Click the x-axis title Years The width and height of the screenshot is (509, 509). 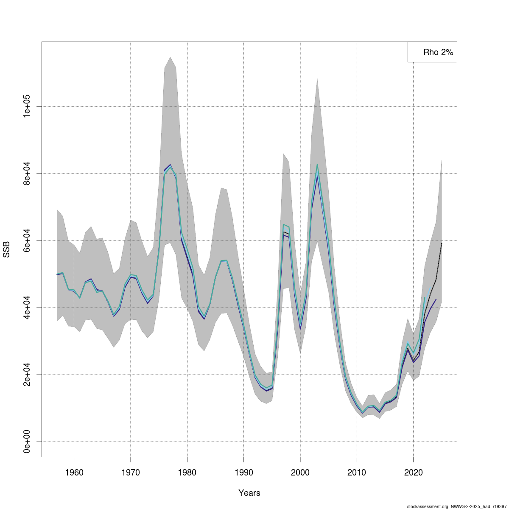249,493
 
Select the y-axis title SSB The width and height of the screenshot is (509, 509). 6,249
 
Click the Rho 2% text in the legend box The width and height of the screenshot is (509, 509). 438,53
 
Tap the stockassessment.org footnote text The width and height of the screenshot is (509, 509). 457,506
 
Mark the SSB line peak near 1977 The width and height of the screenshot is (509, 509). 170,165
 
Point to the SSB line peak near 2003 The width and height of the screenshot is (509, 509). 317,165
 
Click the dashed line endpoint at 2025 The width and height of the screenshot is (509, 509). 442,243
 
